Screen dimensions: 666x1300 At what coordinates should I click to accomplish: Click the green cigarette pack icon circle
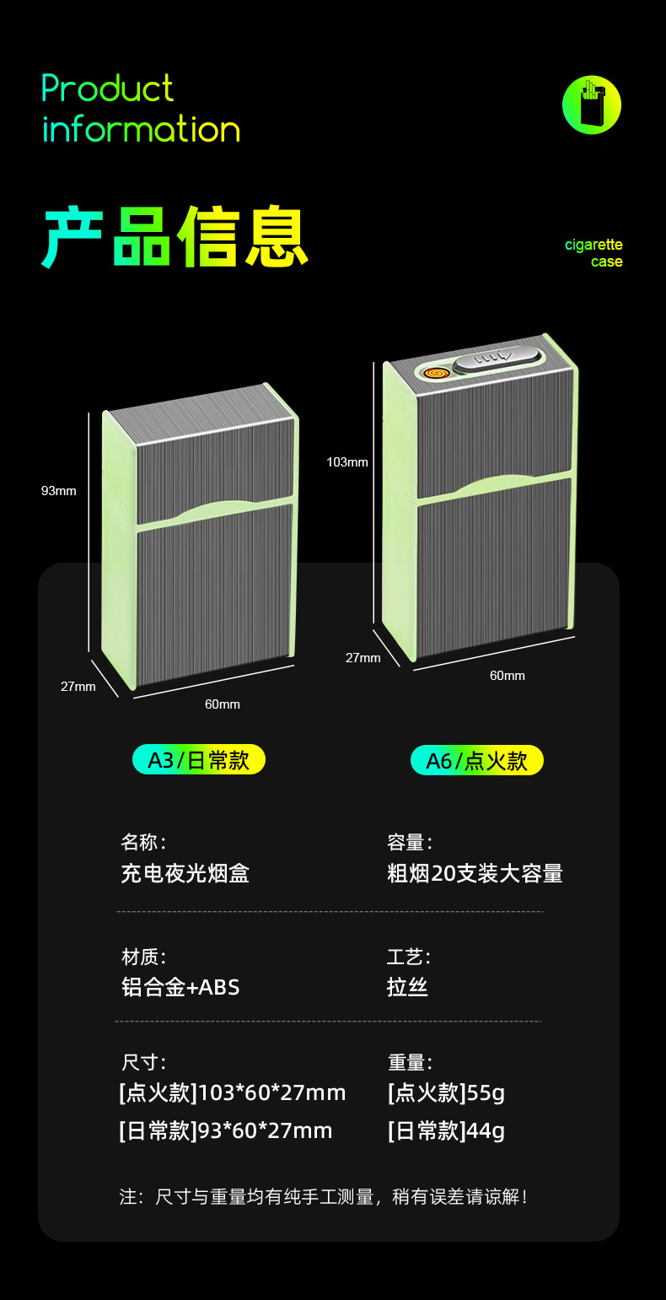pyautogui.click(x=592, y=105)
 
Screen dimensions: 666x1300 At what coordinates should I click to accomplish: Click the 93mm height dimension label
pyautogui.click(x=59, y=491)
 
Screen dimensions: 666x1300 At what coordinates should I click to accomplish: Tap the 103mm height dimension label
pyautogui.click(x=347, y=462)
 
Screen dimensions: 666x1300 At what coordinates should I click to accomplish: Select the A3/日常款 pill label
pyautogui.click(x=199, y=760)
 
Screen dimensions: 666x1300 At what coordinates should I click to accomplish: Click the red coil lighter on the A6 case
pyautogui.click(x=434, y=371)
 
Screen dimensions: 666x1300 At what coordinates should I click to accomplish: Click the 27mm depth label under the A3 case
pyautogui.click(x=78, y=687)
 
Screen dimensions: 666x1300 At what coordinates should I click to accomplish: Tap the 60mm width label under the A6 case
pyautogui.click(x=508, y=676)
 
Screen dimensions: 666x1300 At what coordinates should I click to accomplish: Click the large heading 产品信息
pyautogui.click(x=175, y=237)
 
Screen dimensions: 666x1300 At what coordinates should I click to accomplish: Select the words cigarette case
pyautogui.click(x=595, y=253)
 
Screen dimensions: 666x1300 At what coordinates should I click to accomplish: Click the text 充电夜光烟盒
pyautogui.click(x=185, y=873)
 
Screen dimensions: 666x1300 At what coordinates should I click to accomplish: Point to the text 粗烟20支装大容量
pyautogui.click(x=475, y=873)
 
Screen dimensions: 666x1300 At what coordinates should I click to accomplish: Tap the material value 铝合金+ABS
pyautogui.click(x=181, y=987)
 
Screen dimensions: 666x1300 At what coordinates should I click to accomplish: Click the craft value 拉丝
pyautogui.click(x=408, y=987)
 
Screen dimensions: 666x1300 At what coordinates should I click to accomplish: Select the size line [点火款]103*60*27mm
pyautogui.click(x=233, y=1093)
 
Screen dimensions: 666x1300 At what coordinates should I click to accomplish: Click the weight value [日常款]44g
pyautogui.click(x=446, y=1130)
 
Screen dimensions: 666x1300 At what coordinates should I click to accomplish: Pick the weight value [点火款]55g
pyautogui.click(x=446, y=1093)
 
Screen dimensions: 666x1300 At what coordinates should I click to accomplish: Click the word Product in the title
pyautogui.click(x=108, y=89)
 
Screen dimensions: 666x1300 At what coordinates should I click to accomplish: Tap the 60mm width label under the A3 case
pyautogui.click(x=223, y=704)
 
